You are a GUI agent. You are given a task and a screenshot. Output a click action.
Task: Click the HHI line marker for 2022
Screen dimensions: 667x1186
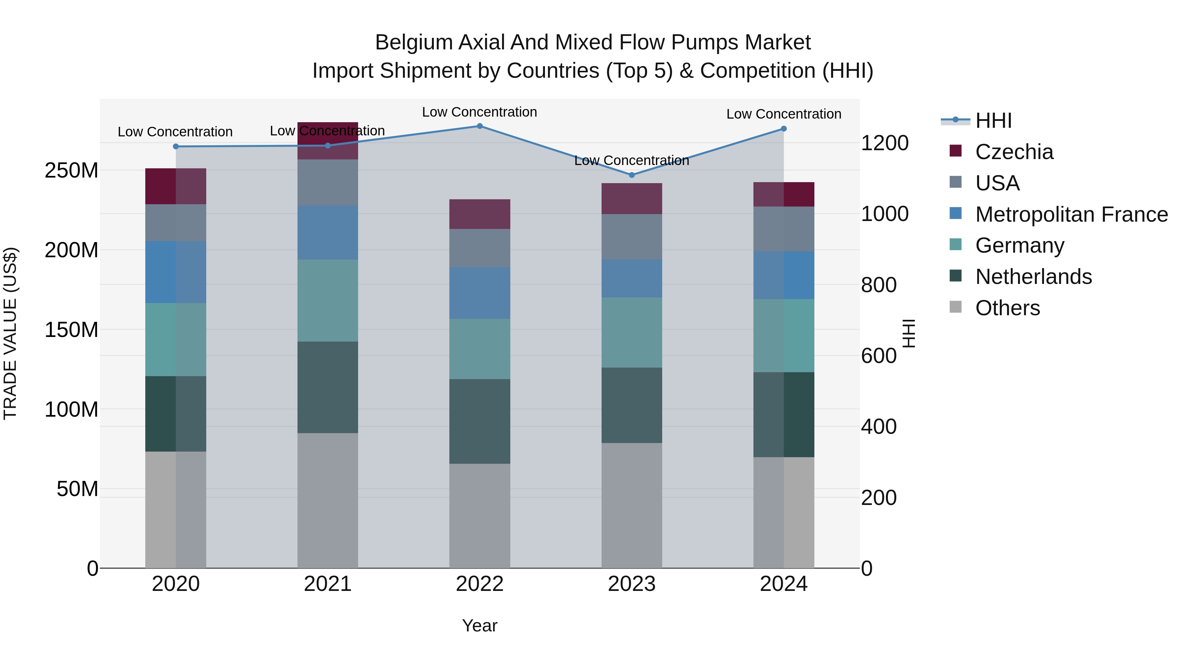coord(479,126)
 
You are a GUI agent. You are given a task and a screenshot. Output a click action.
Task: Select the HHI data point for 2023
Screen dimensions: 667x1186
coord(632,175)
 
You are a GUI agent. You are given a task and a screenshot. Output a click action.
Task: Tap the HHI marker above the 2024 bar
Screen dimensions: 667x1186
coord(784,129)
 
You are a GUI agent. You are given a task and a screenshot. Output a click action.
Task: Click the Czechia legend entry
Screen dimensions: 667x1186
coord(1013,152)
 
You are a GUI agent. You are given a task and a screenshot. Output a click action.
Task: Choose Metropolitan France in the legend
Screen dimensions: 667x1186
coord(1071,214)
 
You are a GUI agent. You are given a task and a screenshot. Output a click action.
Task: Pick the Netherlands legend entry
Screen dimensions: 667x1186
coord(1033,277)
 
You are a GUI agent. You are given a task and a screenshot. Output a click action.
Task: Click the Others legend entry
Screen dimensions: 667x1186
coord(1007,308)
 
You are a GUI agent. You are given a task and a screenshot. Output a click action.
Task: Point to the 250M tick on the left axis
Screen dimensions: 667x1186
coord(71,170)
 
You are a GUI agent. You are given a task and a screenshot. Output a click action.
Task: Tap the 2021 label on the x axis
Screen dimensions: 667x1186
coord(327,584)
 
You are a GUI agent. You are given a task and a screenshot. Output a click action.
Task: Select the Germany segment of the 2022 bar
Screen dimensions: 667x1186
coord(479,349)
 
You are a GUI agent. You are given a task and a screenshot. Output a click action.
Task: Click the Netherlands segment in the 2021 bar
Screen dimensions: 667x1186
coord(327,387)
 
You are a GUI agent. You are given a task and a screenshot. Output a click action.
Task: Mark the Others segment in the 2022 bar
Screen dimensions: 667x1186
coord(479,515)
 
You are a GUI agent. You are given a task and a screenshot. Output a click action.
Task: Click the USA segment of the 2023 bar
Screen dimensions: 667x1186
coord(632,236)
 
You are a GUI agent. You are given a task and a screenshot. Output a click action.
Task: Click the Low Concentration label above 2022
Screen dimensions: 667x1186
coord(479,112)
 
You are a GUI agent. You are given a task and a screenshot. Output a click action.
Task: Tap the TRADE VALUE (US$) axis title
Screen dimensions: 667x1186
coord(10,333)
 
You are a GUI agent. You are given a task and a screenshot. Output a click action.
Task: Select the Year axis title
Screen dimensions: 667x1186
coord(479,625)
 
